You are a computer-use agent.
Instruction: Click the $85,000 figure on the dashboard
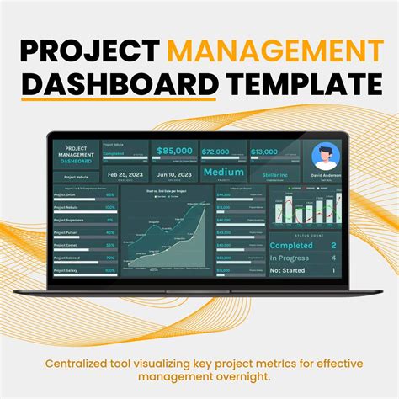[x=175, y=151]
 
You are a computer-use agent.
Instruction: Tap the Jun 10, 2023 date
[x=175, y=173]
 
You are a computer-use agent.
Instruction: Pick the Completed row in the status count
[x=291, y=246]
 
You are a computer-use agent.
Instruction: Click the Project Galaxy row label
[x=65, y=271]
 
